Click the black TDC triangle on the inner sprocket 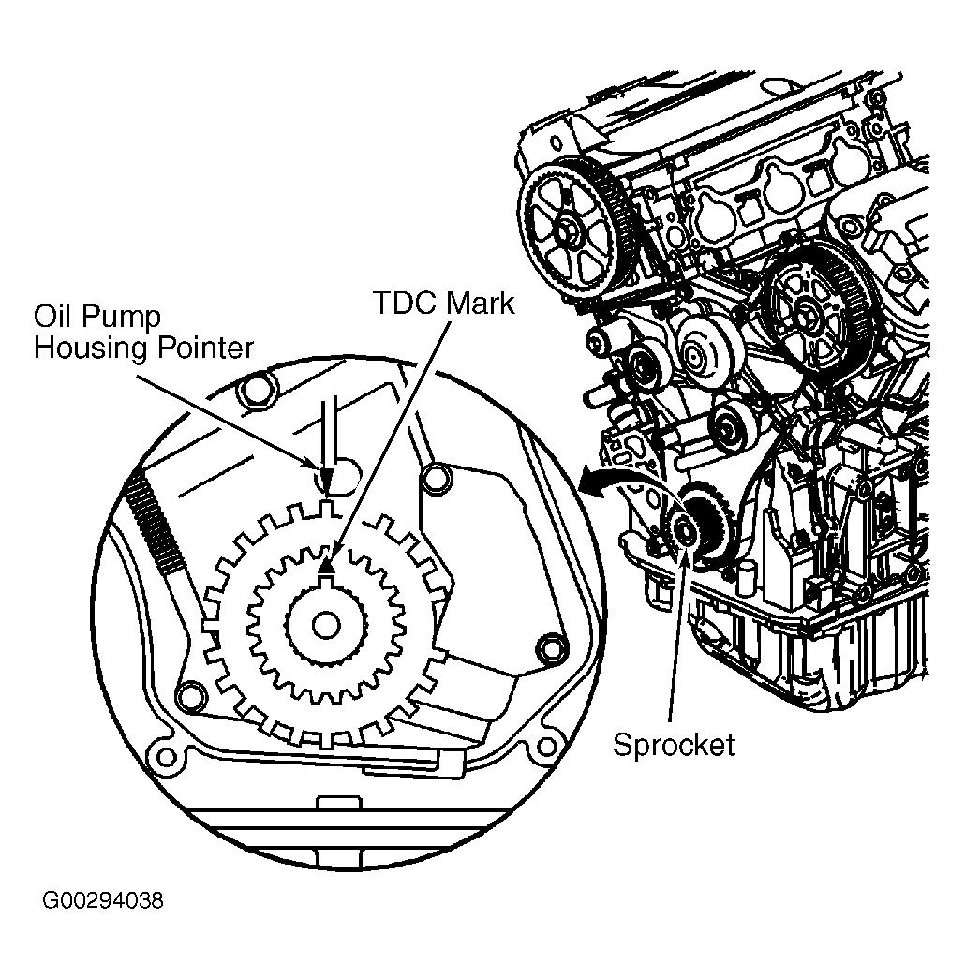coord(327,564)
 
